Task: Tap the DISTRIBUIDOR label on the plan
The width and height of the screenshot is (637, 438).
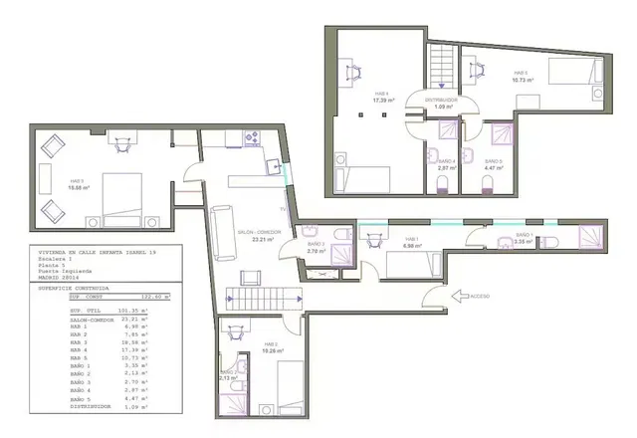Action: tap(440, 100)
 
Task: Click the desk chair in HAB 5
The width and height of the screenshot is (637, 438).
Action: tap(475, 67)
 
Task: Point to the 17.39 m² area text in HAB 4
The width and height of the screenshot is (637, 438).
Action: tap(382, 101)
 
